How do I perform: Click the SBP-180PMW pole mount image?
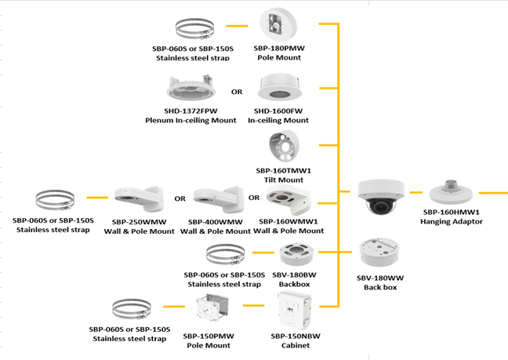click(x=278, y=24)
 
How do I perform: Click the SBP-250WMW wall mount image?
click(x=136, y=200)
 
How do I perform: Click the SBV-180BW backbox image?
click(x=296, y=255)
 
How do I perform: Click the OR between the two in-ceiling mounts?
click(x=237, y=92)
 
